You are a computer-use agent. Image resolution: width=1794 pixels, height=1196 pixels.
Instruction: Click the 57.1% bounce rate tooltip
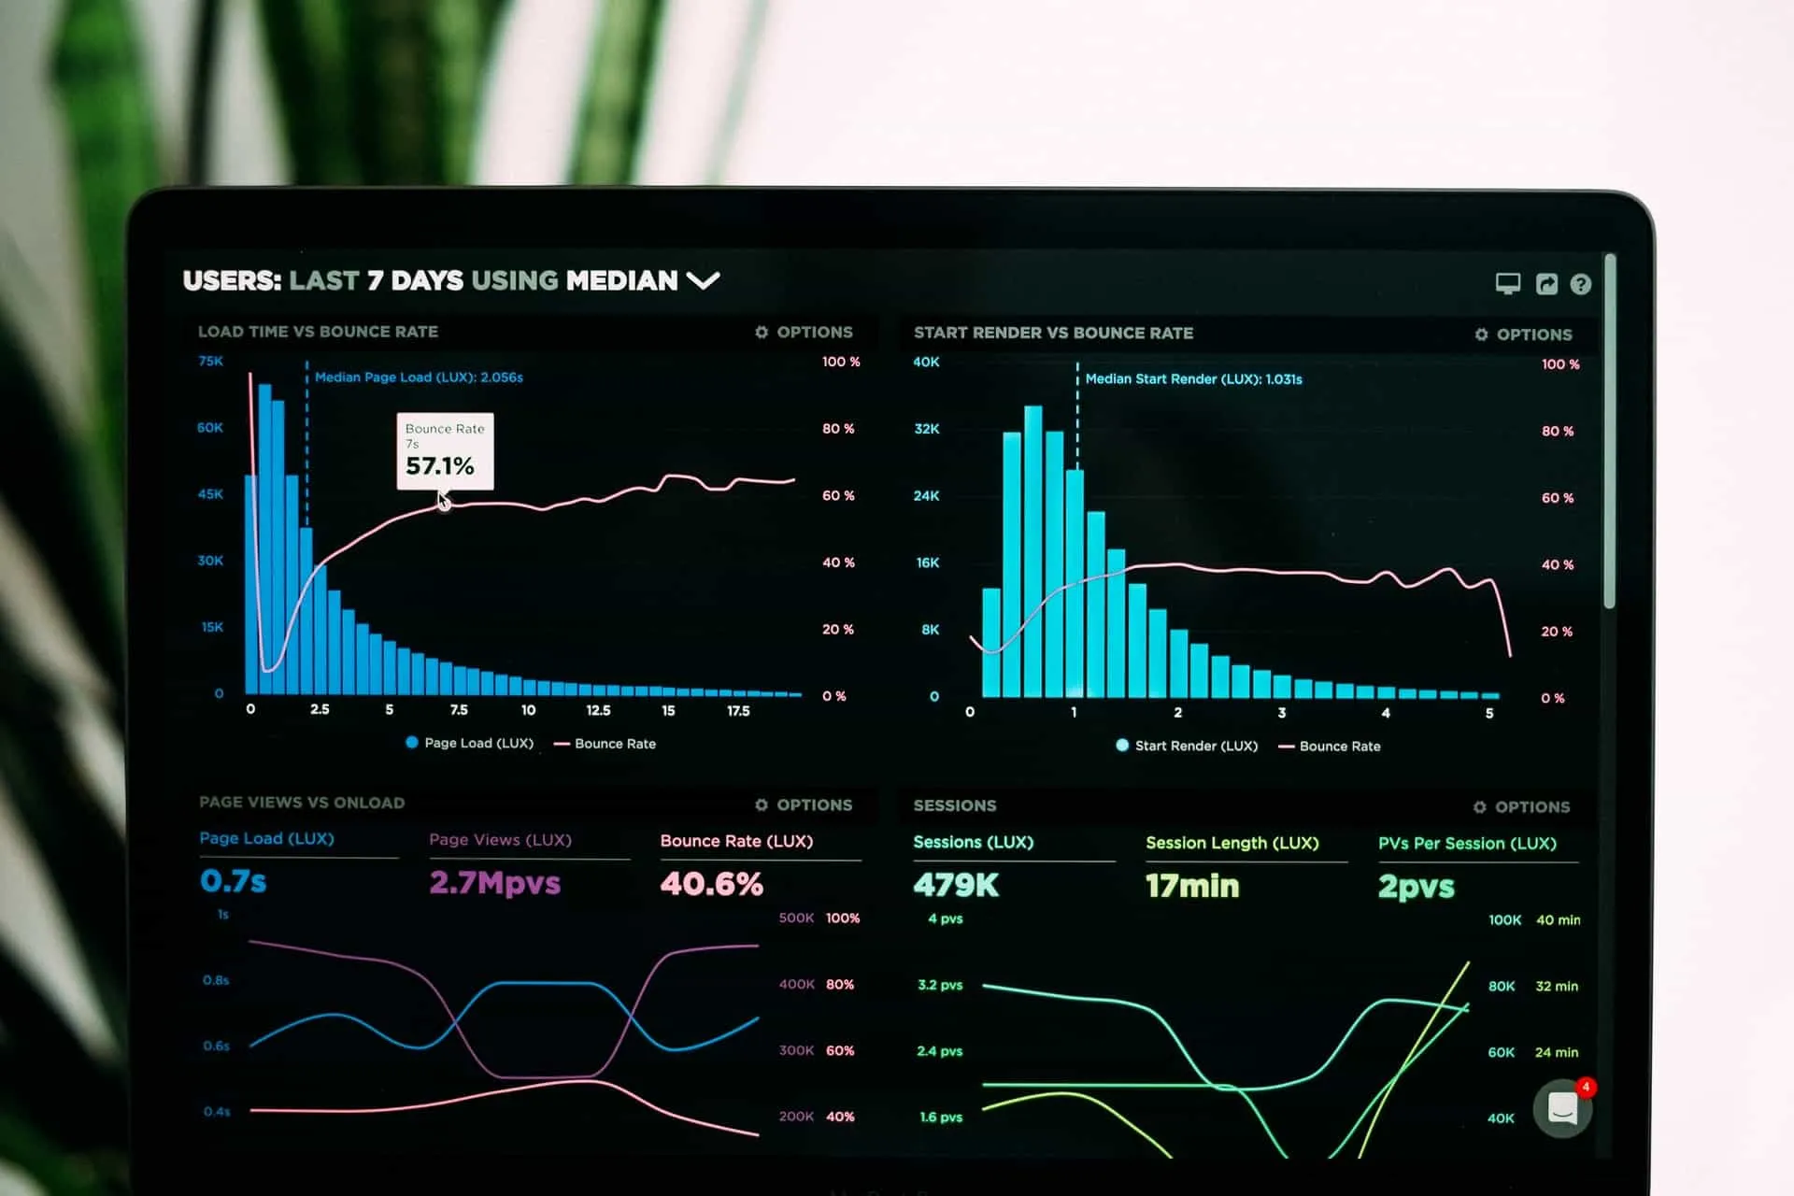click(445, 451)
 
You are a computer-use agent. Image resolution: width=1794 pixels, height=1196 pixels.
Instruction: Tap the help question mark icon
click(1580, 284)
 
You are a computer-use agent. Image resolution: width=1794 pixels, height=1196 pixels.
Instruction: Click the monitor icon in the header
click(1507, 283)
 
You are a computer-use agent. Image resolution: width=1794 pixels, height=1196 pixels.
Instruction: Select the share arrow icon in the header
click(1546, 284)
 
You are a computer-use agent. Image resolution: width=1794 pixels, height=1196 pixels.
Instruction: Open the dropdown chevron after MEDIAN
click(703, 280)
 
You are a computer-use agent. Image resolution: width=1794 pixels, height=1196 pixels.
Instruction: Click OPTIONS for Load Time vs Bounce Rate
click(804, 332)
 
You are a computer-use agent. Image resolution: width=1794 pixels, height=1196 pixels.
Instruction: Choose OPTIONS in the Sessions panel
click(1522, 806)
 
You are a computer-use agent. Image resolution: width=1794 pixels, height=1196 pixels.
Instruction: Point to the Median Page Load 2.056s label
click(419, 377)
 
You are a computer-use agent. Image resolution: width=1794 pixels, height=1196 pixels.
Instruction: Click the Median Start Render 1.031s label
click(1193, 379)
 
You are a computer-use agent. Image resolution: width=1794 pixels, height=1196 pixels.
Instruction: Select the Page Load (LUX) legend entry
click(470, 743)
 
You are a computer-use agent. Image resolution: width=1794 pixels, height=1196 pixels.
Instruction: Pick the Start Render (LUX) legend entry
click(1188, 746)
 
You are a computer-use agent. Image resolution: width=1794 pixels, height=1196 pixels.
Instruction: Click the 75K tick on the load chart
click(211, 361)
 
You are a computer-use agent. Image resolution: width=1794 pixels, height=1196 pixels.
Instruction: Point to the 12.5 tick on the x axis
click(598, 710)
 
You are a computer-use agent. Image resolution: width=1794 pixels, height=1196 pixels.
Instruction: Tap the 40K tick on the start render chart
click(926, 362)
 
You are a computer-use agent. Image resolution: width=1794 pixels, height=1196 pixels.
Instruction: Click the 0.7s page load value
click(233, 880)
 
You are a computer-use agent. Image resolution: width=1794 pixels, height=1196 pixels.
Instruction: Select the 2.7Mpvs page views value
click(494, 882)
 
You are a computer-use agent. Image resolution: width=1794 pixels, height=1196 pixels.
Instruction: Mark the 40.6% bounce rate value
click(711, 883)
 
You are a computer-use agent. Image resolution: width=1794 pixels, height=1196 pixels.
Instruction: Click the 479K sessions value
click(956, 885)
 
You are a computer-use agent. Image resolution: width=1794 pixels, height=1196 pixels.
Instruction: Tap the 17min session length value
click(1192, 886)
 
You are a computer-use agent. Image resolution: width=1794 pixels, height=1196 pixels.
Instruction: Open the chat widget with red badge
click(1562, 1108)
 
